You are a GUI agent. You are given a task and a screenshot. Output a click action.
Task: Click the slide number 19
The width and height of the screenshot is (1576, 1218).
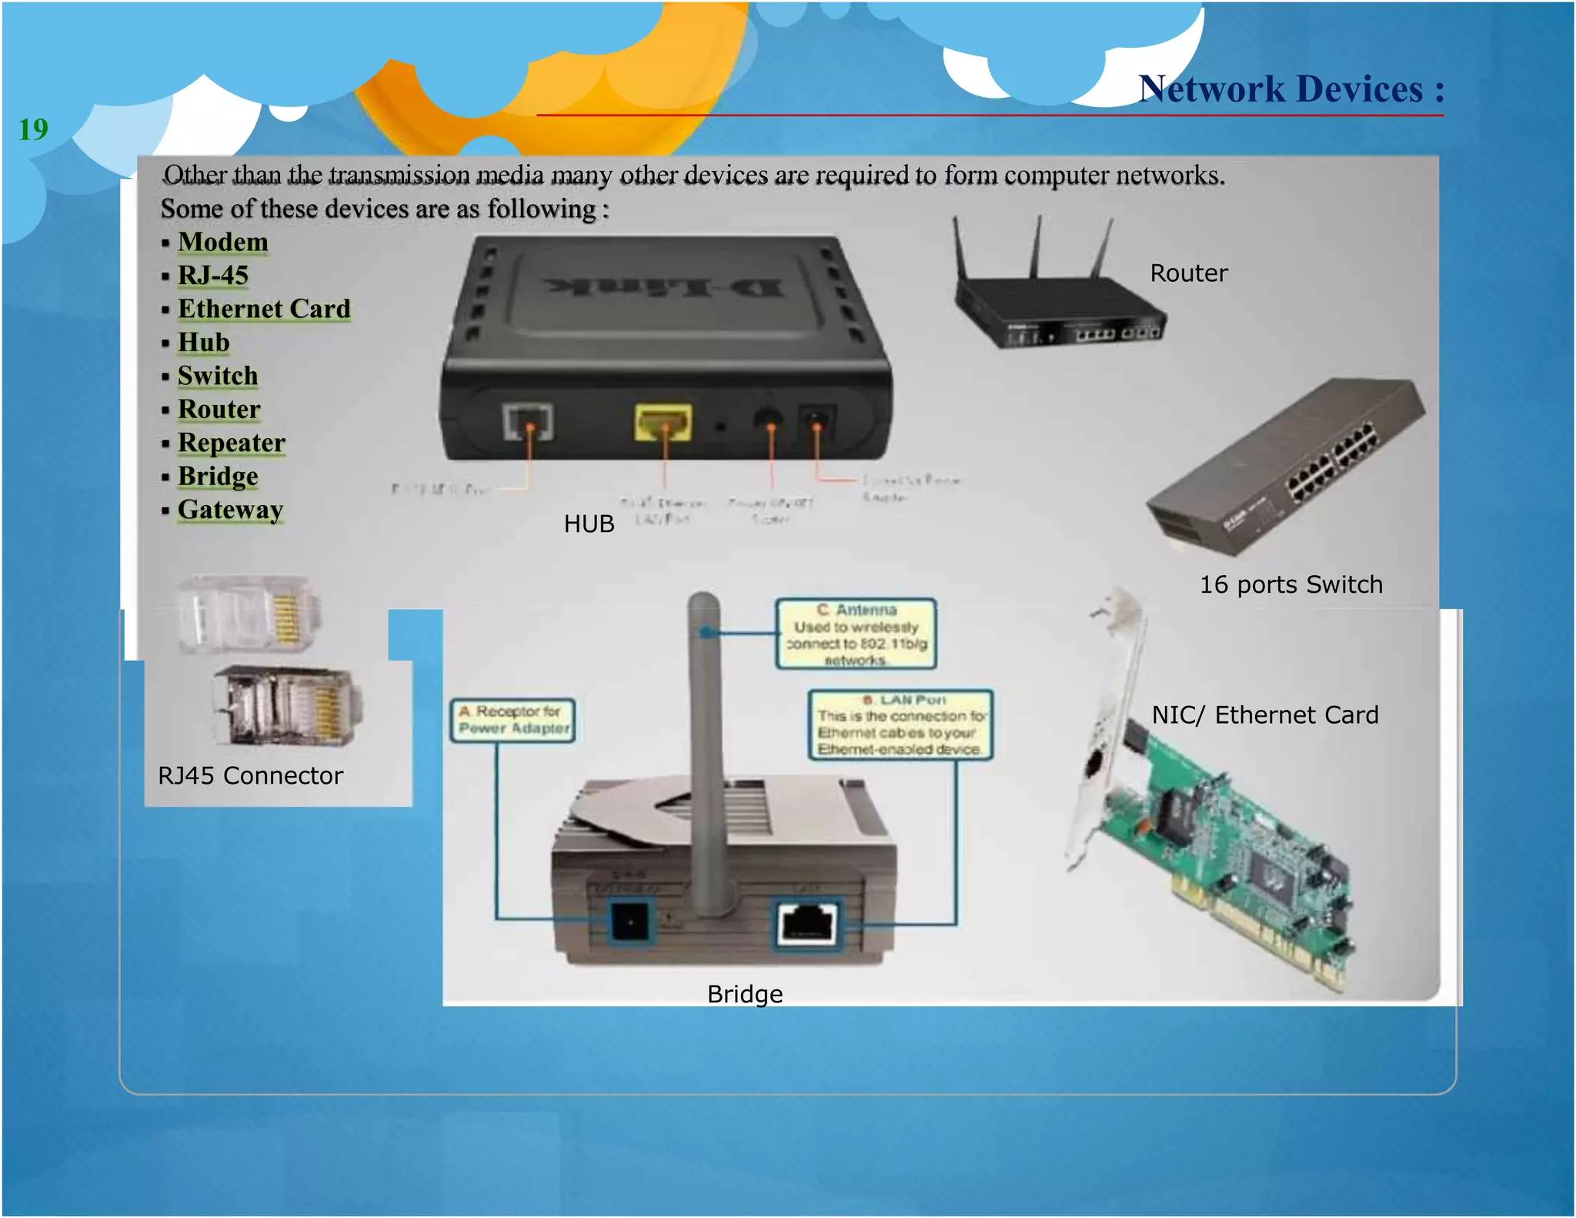point(33,129)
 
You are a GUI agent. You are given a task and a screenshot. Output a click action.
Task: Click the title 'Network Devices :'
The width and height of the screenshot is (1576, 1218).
point(1291,89)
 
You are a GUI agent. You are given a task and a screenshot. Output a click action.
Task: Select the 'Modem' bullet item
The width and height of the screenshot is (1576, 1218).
point(222,242)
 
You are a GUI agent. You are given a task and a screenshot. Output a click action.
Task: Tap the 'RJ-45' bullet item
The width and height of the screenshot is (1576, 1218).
point(213,275)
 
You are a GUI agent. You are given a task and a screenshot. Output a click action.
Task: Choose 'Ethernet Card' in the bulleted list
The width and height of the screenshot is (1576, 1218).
point(264,309)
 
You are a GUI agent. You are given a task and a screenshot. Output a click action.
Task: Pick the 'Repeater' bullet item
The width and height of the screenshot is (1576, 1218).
point(231,443)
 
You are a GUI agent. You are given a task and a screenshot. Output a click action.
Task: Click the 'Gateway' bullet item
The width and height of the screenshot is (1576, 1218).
point(230,510)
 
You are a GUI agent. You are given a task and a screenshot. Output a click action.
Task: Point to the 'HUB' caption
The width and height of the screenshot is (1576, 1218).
point(589,524)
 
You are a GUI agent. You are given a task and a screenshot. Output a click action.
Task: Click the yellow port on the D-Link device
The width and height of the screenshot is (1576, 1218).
point(663,422)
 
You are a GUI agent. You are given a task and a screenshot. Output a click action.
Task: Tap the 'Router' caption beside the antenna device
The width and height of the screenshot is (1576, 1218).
point(1188,273)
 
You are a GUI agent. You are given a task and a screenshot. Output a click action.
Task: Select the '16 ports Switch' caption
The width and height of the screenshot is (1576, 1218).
point(1291,584)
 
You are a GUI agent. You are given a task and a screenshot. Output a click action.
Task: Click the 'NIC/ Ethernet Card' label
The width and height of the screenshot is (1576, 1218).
point(1264,715)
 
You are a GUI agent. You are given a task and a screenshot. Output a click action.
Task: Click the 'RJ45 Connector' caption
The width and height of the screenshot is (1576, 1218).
point(250,775)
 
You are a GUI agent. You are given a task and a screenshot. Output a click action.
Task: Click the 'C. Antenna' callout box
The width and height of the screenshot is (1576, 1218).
point(856,634)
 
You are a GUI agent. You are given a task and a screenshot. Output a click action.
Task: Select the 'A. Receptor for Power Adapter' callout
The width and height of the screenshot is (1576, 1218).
point(513,720)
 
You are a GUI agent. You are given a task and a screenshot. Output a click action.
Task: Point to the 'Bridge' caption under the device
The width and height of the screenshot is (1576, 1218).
point(744,994)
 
